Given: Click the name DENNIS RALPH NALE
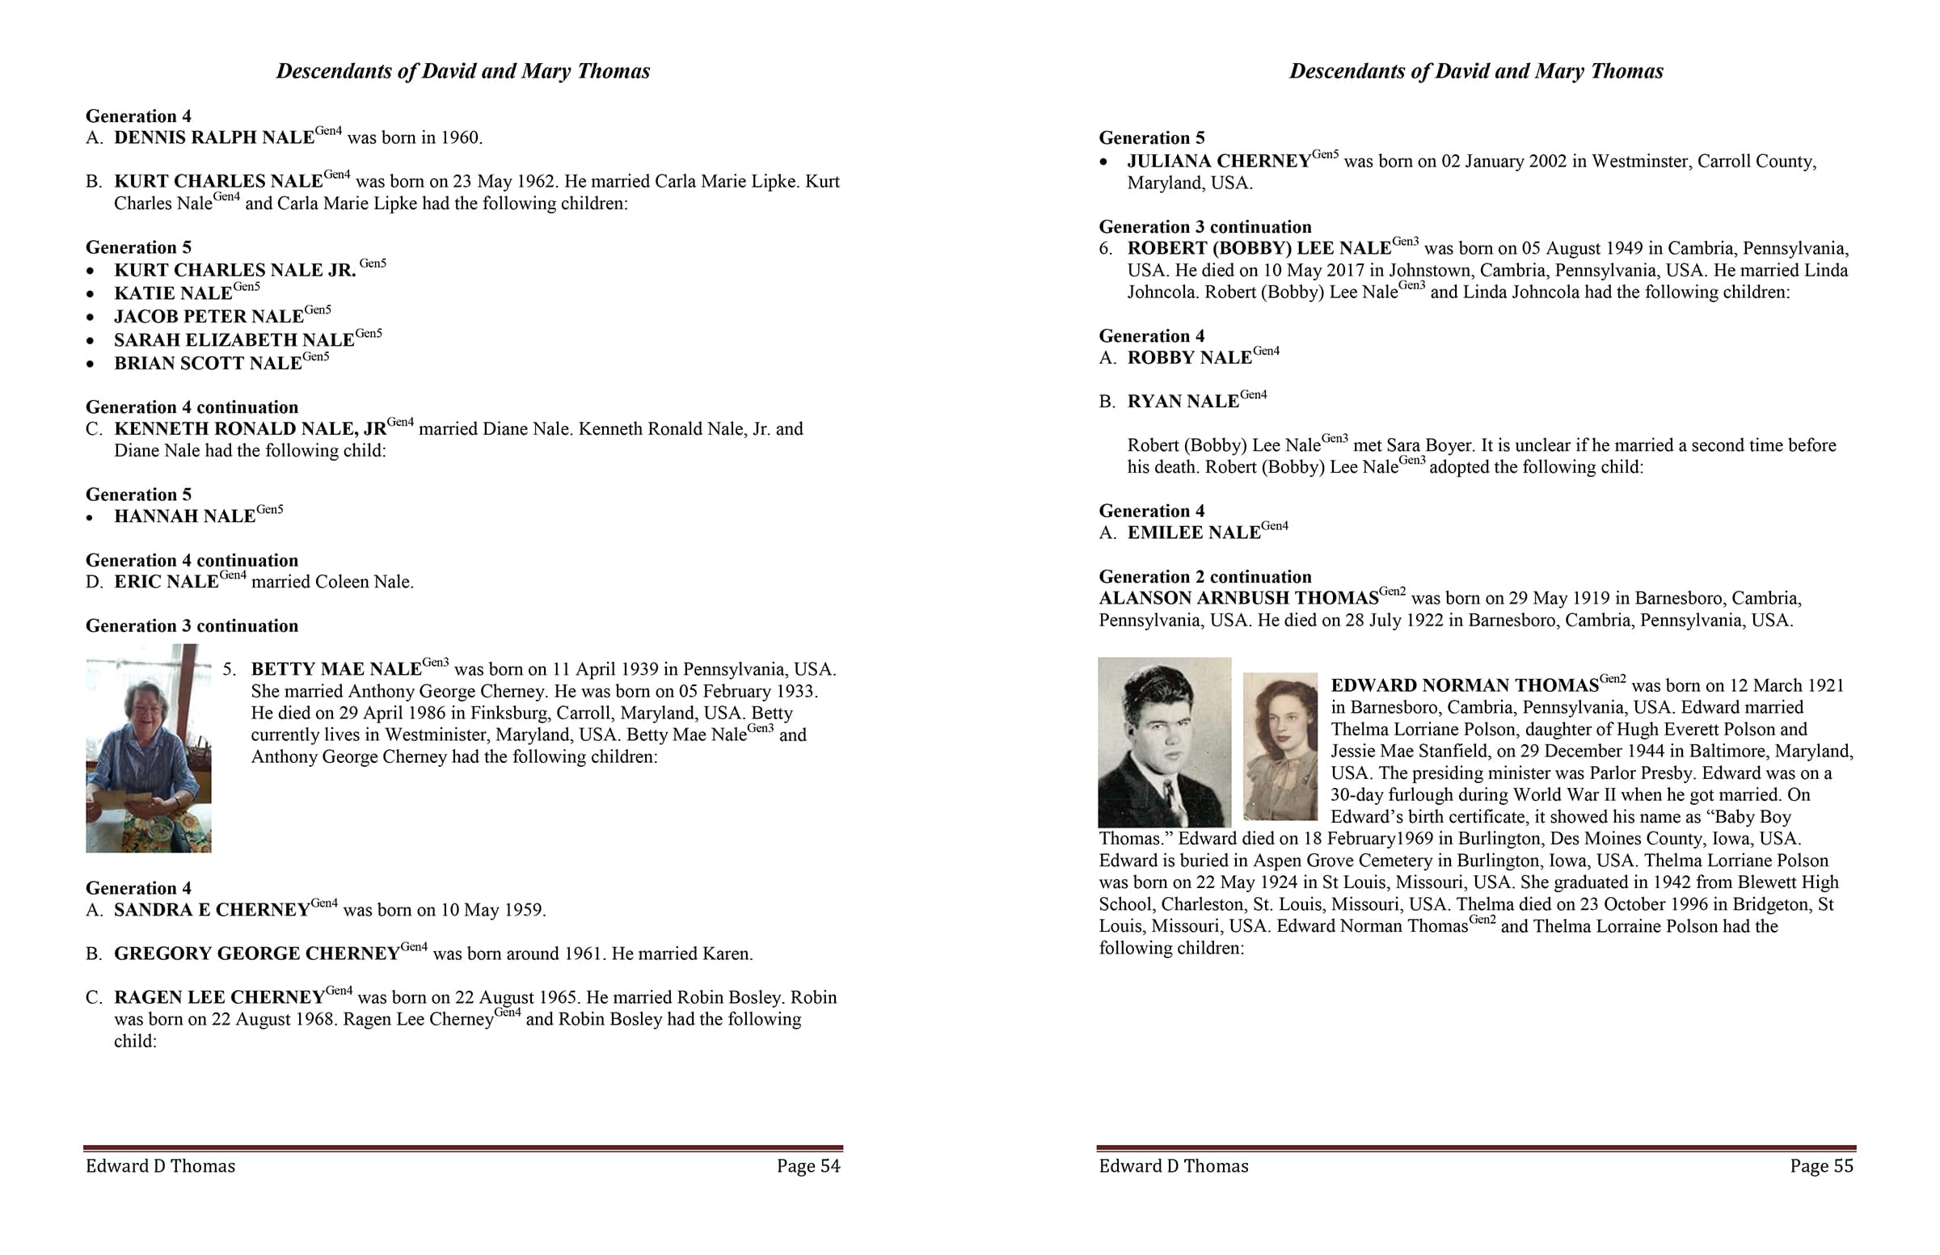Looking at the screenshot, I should (x=213, y=137).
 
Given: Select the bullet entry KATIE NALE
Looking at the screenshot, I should (x=173, y=293).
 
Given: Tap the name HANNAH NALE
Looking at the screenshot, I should (x=184, y=516).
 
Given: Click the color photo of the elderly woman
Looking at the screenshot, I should (x=149, y=748).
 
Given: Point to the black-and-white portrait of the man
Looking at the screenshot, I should (x=1164, y=743).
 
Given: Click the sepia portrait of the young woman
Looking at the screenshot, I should (x=1280, y=746).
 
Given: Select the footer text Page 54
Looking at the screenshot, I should (x=808, y=1166).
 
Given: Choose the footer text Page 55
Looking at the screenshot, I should (x=1821, y=1166).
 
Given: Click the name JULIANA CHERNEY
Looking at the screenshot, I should (x=1219, y=162).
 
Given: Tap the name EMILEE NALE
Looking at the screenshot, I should (x=1193, y=533).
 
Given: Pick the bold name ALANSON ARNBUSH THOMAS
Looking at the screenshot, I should (x=1238, y=598).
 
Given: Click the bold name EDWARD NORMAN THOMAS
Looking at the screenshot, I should (x=1464, y=685).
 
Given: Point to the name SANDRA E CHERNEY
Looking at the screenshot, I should (x=211, y=910).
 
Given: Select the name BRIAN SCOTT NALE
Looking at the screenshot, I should (x=208, y=364).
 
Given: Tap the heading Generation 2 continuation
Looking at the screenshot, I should (x=1204, y=577).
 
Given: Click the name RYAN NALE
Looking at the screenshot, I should (x=1183, y=402).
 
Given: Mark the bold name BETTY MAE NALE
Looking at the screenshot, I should (x=335, y=670).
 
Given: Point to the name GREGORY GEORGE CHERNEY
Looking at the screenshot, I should (x=257, y=954).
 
